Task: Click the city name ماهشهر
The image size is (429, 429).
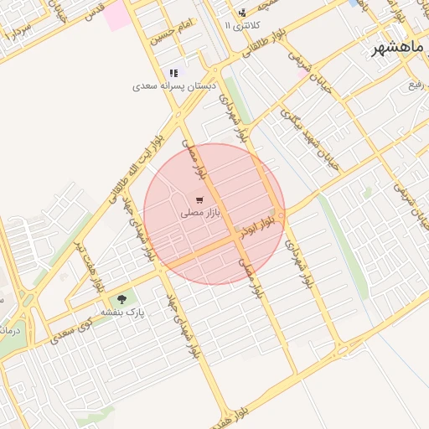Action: [401, 48]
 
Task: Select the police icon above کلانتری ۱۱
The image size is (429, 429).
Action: [242, 13]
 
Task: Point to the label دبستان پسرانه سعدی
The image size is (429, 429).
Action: [173, 86]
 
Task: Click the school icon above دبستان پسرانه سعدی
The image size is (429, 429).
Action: [174, 73]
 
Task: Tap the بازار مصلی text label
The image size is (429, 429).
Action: [199, 214]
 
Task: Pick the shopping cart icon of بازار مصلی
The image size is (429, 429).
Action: [199, 200]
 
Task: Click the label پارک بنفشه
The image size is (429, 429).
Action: [123, 312]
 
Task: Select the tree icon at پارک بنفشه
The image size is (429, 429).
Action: [123, 298]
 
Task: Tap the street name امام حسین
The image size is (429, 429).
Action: [171, 32]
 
